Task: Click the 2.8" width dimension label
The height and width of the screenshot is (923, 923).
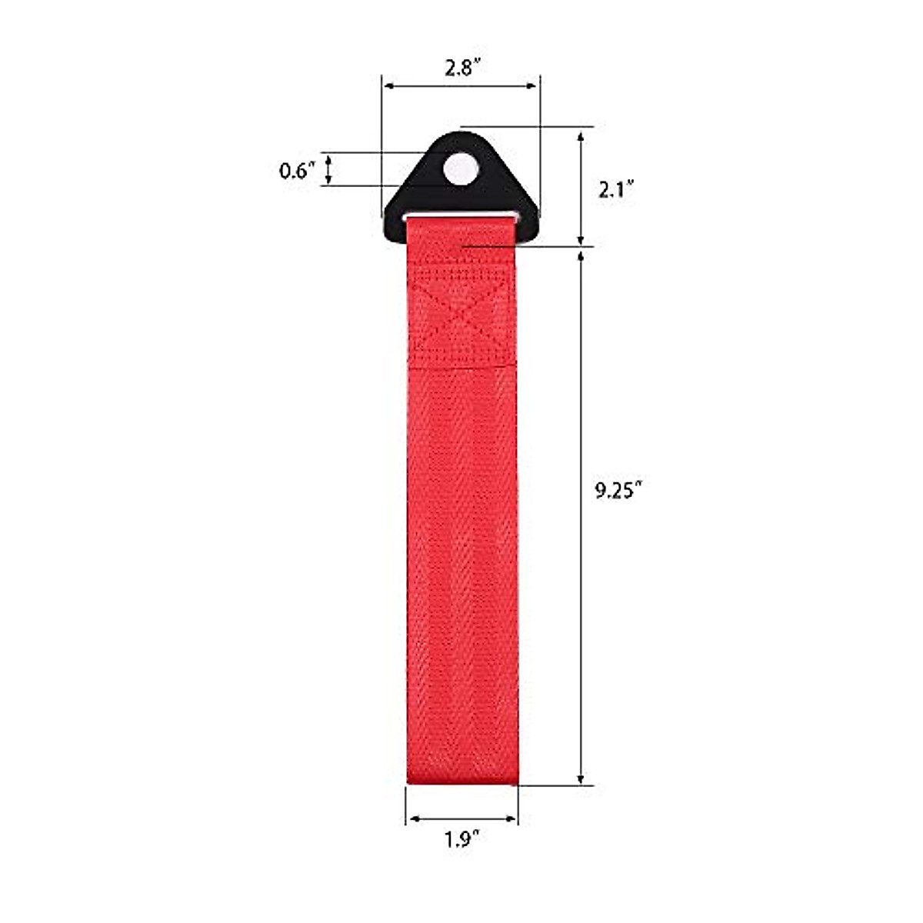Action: click(x=462, y=68)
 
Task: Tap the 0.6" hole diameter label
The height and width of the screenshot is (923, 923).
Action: click(x=297, y=170)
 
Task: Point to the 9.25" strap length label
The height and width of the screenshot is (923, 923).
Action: click(x=618, y=491)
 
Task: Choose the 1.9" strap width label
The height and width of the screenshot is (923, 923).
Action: click(x=462, y=840)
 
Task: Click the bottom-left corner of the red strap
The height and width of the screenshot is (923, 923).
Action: click(x=408, y=784)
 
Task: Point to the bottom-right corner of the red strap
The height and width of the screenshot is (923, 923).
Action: click(x=517, y=784)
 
